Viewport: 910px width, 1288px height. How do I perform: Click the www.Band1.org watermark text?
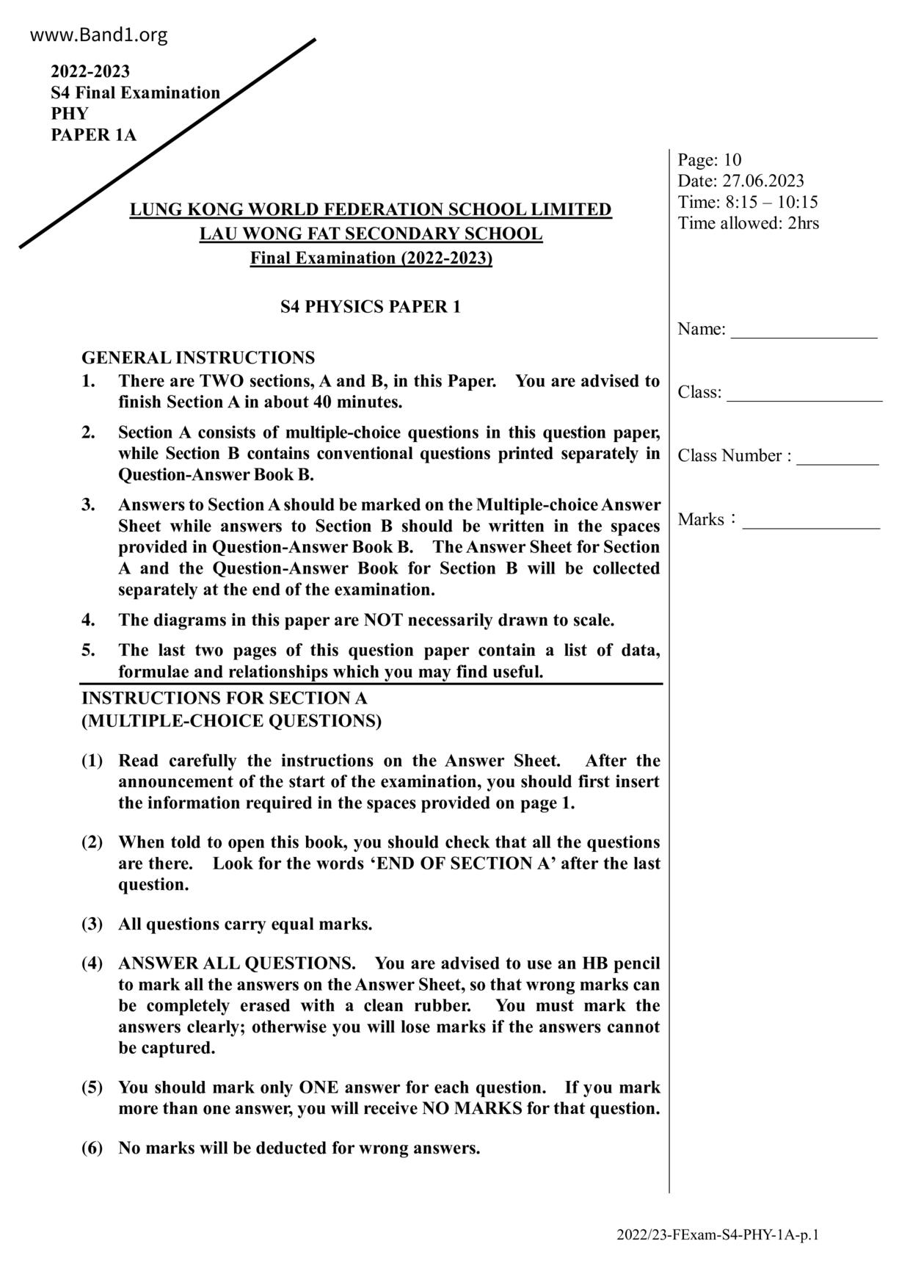pyautogui.click(x=99, y=35)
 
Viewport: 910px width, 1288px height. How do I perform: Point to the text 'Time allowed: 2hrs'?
pyautogui.click(x=748, y=223)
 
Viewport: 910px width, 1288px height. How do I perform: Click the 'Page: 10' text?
pyautogui.click(x=709, y=160)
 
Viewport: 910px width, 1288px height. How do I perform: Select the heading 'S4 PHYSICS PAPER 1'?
pyautogui.click(x=371, y=307)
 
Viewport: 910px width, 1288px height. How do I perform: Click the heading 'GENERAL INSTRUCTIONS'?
pyautogui.click(x=198, y=358)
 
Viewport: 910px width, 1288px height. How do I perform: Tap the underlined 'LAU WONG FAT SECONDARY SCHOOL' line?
pyautogui.click(x=371, y=234)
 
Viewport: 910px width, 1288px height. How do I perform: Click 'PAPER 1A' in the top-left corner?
pyautogui.click(x=93, y=135)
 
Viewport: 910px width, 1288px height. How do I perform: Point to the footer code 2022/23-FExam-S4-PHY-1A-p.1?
pyautogui.click(x=717, y=1235)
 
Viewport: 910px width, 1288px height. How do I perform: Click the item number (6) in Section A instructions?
pyautogui.click(x=92, y=1148)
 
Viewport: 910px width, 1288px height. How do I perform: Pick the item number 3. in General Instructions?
pyautogui.click(x=88, y=505)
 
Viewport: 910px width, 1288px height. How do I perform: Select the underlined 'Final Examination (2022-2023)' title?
pyautogui.click(x=371, y=258)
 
